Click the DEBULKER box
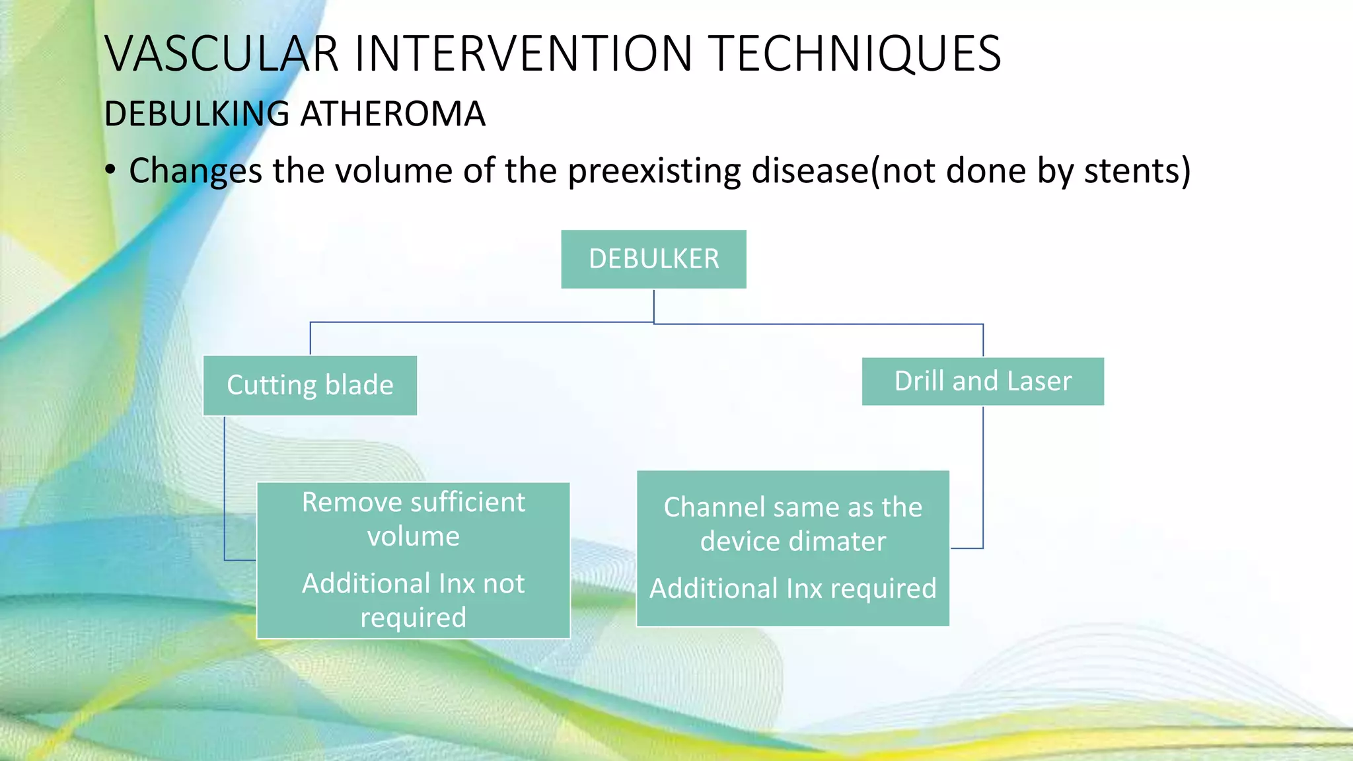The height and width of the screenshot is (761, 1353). (653, 259)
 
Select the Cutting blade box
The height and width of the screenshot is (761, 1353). (310, 385)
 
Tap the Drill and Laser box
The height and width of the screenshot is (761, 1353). (982, 381)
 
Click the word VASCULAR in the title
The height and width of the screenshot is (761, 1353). (221, 54)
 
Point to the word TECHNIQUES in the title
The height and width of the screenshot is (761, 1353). (857, 54)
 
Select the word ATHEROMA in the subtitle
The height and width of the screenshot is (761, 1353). (393, 114)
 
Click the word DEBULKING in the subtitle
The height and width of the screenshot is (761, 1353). (197, 114)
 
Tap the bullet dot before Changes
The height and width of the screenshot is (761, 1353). (110, 170)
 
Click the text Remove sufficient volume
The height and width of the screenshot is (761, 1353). (414, 519)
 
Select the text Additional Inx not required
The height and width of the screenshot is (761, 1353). (414, 600)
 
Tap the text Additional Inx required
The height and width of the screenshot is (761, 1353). (793, 588)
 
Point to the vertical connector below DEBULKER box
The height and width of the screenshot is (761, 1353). (654, 305)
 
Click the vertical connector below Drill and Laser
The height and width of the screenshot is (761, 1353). (983, 476)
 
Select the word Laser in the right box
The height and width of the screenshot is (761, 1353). (1039, 381)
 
